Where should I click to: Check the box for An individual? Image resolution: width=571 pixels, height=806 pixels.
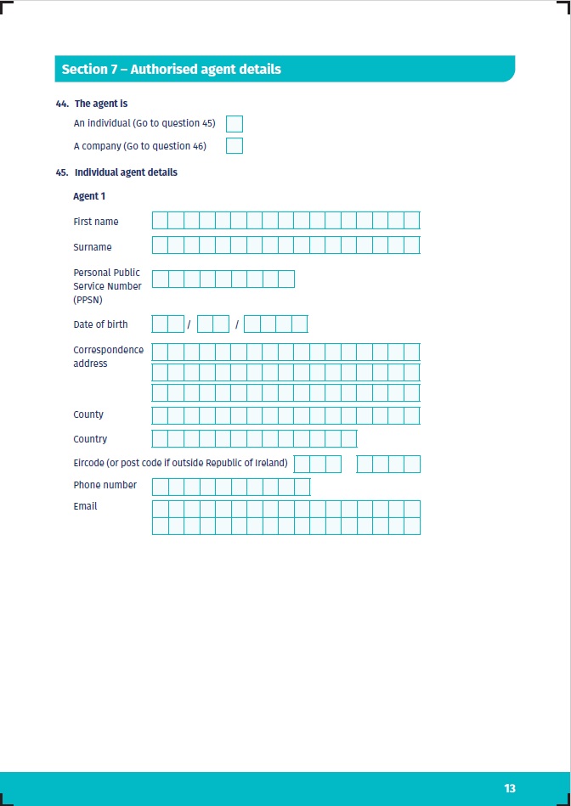point(235,124)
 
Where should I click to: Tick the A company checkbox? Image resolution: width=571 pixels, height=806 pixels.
point(235,146)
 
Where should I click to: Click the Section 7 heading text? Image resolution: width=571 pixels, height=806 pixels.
point(171,69)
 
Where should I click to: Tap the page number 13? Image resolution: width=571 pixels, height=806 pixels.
point(510,788)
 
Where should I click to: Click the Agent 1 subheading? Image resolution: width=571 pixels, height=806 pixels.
point(89,196)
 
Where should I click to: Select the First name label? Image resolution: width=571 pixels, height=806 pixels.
point(96,222)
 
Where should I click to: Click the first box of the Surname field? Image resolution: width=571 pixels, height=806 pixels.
point(160,245)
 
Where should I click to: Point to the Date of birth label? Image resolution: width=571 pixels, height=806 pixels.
point(100,324)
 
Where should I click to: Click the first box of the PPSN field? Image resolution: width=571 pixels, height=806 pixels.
point(160,279)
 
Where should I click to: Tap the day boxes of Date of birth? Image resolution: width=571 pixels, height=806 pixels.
point(168,324)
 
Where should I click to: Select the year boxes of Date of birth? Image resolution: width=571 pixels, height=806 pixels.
point(275,324)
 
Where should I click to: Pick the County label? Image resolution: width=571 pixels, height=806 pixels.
point(88,414)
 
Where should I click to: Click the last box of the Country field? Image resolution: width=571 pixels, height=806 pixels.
point(348,439)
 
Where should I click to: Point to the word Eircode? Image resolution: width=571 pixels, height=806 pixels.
point(90,463)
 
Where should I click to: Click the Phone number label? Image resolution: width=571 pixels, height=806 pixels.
point(105,485)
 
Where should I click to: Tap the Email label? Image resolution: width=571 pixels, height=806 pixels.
point(85,506)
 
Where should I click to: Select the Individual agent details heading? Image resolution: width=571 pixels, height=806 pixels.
point(126,172)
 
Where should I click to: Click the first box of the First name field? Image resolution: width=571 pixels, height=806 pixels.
point(160,221)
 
